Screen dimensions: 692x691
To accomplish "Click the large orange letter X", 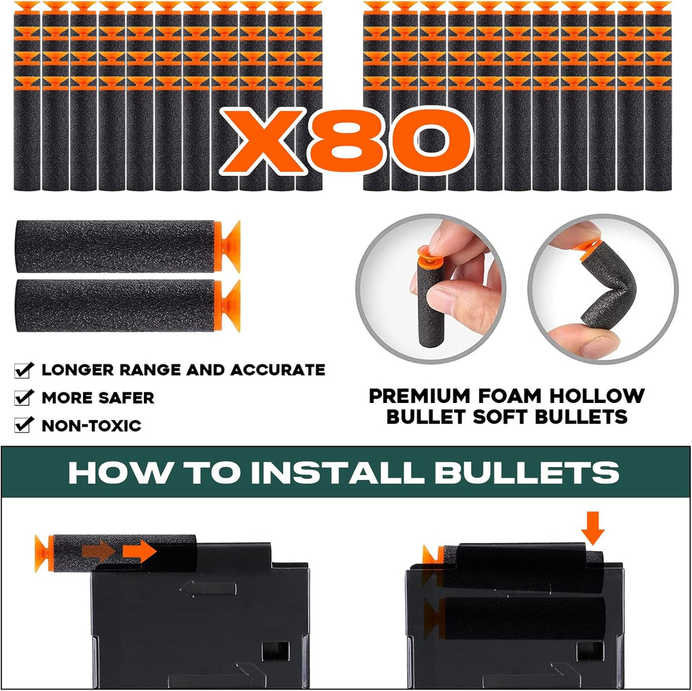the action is pos(263,141).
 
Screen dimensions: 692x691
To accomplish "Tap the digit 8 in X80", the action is pos(349,141).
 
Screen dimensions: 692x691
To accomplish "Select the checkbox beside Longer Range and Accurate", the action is pos(24,370).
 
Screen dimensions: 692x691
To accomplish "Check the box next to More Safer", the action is pos(24,398).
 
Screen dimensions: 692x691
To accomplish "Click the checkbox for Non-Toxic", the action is pos(24,425).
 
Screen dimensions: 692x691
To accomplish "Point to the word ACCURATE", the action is pos(278,370).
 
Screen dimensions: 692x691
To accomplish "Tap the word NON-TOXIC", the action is pos(92,426).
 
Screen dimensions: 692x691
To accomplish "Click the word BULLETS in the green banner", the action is pos(527,473).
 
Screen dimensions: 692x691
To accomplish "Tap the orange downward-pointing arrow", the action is pos(593,528).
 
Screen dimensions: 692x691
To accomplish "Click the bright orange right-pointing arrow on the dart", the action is pos(139,552).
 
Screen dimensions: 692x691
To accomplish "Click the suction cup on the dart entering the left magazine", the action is pos(43,553).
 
